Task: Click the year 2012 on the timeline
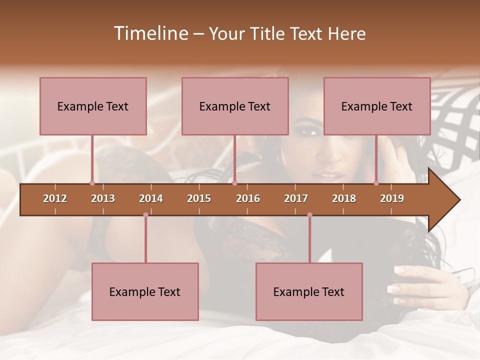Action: tap(55, 198)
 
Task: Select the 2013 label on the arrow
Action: tap(103, 198)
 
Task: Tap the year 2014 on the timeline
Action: tap(151, 198)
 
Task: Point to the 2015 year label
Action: tap(199, 198)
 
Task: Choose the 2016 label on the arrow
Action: tap(248, 198)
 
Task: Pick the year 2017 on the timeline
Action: tap(296, 198)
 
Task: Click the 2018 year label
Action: tap(344, 198)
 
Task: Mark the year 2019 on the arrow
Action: tap(392, 198)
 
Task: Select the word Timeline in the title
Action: tap(150, 33)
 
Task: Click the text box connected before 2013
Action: tap(93, 106)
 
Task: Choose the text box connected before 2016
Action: tap(235, 106)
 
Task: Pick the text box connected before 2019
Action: tap(377, 106)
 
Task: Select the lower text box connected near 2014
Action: tap(145, 291)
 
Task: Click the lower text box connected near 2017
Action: tap(309, 291)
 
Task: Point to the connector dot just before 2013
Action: tap(92, 183)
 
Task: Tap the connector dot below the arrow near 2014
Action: tap(145, 215)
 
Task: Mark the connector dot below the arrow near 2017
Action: tap(309, 215)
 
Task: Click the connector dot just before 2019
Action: tap(376, 183)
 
